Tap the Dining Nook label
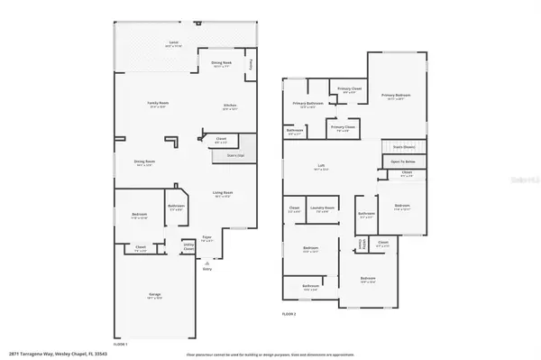point(222,63)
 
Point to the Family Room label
point(160,104)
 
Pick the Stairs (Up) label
point(224,155)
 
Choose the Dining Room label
point(144,162)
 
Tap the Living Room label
point(223,192)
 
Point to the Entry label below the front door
point(207,269)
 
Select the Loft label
point(320,165)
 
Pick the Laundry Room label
point(323,209)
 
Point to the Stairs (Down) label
point(403,145)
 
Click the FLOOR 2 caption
point(289,313)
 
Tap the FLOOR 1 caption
point(119,344)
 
